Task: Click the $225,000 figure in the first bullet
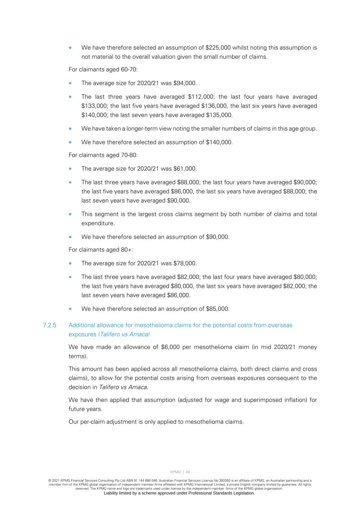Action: (x=218, y=48)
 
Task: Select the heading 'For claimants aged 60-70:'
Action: (x=103, y=70)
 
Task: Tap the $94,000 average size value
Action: (x=185, y=83)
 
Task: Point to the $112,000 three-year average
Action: (x=200, y=97)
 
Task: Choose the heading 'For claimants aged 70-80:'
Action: (x=103, y=155)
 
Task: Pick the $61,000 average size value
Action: (x=185, y=169)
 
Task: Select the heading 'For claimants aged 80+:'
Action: (x=101, y=250)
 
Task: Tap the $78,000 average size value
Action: (x=185, y=263)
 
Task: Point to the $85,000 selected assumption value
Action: (x=217, y=309)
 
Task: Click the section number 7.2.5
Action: (x=50, y=325)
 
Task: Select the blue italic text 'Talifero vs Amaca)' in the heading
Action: (x=125, y=334)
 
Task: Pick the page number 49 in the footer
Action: (x=188, y=472)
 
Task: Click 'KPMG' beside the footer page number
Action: (x=175, y=472)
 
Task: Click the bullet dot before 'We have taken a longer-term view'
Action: (x=71, y=129)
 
